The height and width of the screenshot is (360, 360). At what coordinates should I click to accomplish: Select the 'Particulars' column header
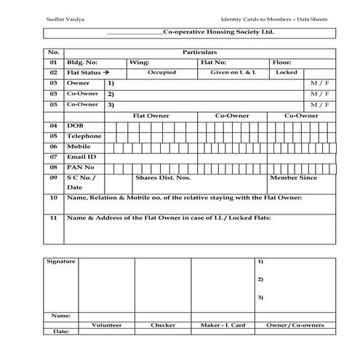[x=199, y=53]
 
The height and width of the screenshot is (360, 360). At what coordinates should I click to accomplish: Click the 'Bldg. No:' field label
[x=81, y=63]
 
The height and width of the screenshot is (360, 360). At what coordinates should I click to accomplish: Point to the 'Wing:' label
[x=139, y=63]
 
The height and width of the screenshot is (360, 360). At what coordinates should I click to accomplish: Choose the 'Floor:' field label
[x=281, y=63]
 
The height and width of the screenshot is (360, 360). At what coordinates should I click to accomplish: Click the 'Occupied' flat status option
[x=161, y=73]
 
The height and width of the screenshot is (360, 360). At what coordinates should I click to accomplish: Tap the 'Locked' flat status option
[x=287, y=73]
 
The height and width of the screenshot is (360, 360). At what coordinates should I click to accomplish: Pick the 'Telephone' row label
[x=84, y=136]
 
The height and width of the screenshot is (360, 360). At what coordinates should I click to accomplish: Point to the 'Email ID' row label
[x=81, y=156]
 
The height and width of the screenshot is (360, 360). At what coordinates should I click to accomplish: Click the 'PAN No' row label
[x=80, y=167]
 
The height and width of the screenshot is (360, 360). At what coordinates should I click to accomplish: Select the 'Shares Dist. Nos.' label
[x=163, y=177]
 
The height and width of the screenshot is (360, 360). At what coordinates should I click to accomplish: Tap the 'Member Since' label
[x=293, y=177]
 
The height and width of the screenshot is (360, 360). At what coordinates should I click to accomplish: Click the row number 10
[x=53, y=198]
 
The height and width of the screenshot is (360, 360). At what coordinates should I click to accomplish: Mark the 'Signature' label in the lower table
[x=60, y=260]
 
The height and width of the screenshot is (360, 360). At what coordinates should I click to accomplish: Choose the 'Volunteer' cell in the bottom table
[x=106, y=324]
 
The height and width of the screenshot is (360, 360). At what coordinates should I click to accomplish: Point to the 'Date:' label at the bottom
[x=60, y=332]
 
